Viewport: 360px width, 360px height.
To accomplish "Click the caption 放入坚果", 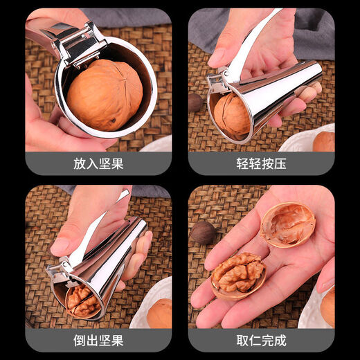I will tap(98, 163).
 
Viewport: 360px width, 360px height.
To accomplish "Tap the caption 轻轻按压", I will tap(261, 163).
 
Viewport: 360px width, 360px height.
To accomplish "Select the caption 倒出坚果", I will tap(98, 340).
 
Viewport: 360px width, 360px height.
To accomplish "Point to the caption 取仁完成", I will tap(261, 340).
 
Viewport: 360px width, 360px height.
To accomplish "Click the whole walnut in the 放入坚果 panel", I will tap(105, 95).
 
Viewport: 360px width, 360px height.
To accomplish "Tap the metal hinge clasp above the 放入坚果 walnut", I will tap(78, 42).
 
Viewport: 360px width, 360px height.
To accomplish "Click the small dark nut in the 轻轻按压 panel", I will tap(196, 102).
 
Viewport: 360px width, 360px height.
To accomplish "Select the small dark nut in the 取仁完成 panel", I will tap(203, 233).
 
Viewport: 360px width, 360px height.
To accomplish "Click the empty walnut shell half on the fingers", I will tap(288, 224).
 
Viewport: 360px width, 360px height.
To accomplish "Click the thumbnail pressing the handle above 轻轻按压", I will tap(219, 55).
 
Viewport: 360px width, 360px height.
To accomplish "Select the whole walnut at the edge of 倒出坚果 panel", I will tap(160, 314).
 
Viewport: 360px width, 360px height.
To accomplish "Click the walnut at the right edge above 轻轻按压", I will tap(323, 141).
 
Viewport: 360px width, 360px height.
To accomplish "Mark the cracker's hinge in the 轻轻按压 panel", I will tap(217, 82).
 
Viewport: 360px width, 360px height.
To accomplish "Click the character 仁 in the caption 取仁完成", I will tap(252, 340).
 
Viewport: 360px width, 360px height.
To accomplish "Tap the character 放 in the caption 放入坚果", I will tap(80, 163).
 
